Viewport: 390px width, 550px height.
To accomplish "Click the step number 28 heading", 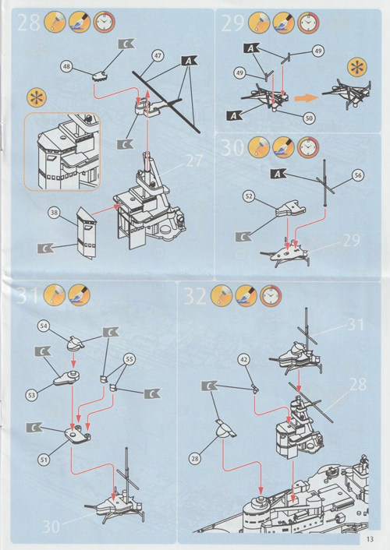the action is coord(28,23).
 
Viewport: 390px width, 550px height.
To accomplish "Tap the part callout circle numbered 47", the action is coord(158,55).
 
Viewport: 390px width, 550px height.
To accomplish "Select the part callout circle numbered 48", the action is coord(66,66).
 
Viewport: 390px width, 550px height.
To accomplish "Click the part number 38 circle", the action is coord(54,213).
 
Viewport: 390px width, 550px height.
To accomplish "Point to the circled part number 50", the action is coord(309,118).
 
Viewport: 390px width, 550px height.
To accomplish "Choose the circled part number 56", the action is coord(358,175).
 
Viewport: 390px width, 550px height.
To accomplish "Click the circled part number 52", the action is coord(249,196).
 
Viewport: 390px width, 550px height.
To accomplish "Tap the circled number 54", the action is coord(44,326).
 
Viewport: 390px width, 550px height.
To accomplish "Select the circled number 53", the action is coord(31,395).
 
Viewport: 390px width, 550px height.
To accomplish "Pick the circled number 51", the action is coord(44,460).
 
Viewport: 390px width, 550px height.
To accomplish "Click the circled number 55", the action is coord(129,359).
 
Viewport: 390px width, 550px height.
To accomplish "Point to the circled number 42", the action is coord(244,360).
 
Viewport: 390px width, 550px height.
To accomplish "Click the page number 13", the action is coord(370,539).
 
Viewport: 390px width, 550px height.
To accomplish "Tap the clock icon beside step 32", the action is coord(271,296).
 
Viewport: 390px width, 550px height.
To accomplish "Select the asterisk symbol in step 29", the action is coord(357,68).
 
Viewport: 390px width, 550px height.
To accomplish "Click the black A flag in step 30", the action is coord(278,174).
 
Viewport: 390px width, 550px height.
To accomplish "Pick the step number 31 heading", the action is coord(28,295).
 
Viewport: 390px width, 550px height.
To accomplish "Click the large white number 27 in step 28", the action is coord(194,161).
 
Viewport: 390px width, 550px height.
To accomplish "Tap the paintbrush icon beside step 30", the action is coord(284,147).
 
